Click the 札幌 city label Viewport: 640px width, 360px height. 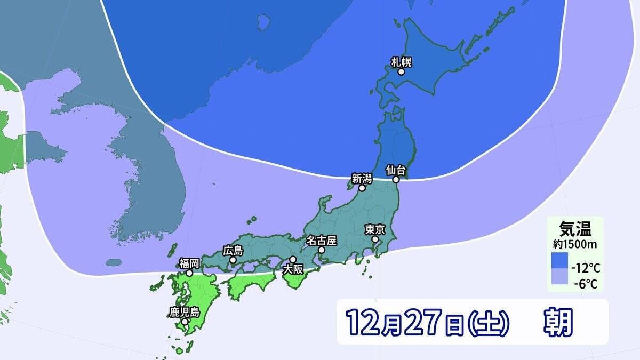[x=402, y=61]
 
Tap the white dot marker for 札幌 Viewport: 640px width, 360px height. [x=401, y=72]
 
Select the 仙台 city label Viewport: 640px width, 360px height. [x=396, y=170]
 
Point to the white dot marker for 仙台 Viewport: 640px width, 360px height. [x=396, y=180]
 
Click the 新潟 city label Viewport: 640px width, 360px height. [x=362, y=178]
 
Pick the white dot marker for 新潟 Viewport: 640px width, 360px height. [x=362, y=188]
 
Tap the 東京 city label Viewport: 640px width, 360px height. [x=375, y=229]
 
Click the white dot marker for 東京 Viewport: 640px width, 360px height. [x=375, y=239]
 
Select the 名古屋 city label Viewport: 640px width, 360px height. [x=322, y=240]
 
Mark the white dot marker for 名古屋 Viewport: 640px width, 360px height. [x=322, y=250]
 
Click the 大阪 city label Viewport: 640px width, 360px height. [x=292, y=269]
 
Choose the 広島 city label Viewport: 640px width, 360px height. [x=233, y=250]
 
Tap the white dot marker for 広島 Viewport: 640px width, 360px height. [x=233, y=260]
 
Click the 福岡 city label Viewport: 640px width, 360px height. [x=189, y=263]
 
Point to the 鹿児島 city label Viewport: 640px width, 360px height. [x=184, y=312]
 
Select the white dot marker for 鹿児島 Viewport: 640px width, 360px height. [x=185, y=322]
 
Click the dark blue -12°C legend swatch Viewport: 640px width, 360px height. [x=560, y=261]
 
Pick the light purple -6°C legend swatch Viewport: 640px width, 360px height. [x=560, y=278]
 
